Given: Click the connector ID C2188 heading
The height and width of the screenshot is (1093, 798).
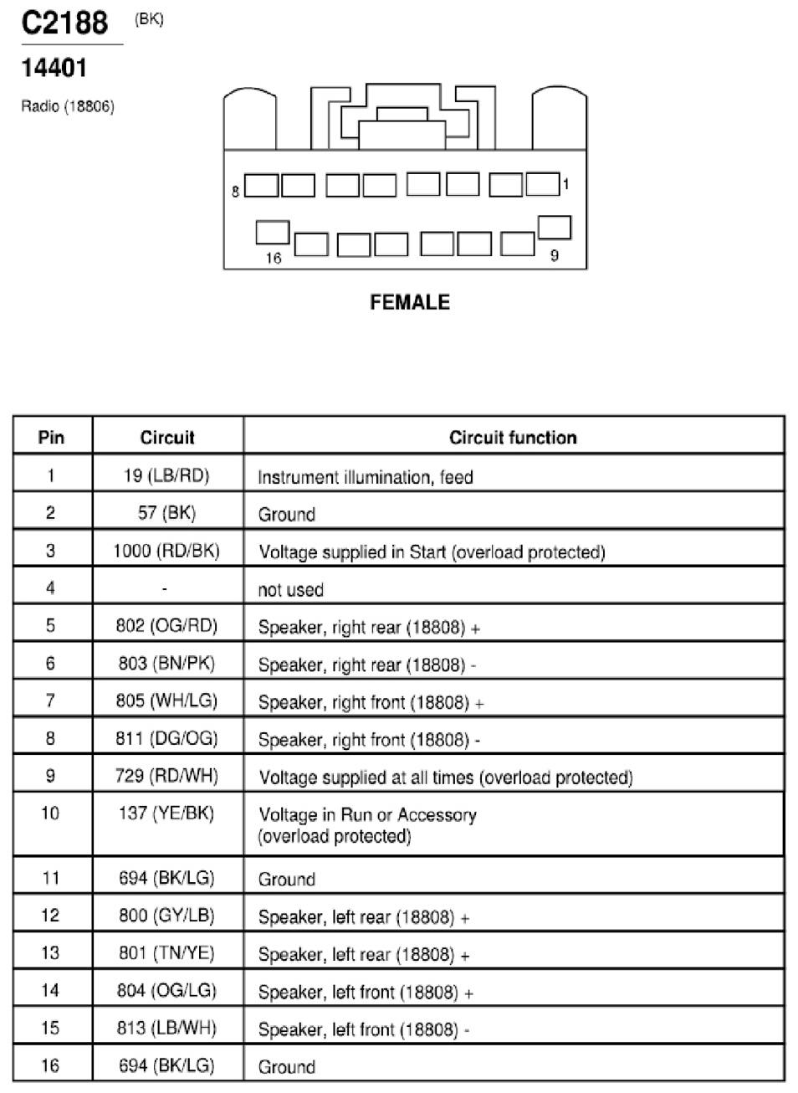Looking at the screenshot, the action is point(64,23).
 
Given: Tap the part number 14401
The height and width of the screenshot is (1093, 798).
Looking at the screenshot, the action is point(54,68).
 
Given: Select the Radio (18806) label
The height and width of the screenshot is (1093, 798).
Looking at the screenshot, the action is point(68,106).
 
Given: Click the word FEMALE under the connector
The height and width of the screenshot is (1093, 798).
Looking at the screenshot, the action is point(410,302).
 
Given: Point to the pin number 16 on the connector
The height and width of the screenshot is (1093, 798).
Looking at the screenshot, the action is point(274,258).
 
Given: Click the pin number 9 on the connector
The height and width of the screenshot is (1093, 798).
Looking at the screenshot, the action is point(554,255).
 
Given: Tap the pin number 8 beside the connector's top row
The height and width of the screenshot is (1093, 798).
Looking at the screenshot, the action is point(236,192).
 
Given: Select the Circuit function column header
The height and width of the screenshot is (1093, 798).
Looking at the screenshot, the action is point(513,438).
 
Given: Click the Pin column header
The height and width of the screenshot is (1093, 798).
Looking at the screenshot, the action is point(51,437).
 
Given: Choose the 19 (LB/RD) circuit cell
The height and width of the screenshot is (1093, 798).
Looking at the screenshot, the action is point(166,475).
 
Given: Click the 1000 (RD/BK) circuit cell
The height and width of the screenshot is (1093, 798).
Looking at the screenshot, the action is point(166,551).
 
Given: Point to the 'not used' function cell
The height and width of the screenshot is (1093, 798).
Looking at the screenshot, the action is point(291,590).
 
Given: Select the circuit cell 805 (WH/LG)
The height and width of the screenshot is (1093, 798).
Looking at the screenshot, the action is point(166,701).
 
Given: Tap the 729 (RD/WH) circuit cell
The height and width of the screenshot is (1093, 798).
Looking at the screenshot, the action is point(166,776).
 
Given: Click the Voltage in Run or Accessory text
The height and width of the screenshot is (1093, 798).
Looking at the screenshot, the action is point(367,814).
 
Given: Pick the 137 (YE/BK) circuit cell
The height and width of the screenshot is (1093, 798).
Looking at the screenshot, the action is point(166,813).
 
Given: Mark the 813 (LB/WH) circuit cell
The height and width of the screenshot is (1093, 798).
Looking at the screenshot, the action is point(166,1028).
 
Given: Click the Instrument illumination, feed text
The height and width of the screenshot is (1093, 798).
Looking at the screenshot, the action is point(366,477).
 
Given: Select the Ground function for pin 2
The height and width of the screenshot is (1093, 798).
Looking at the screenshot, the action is point(287,515).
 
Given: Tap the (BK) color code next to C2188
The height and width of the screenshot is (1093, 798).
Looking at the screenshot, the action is point(149,19).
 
